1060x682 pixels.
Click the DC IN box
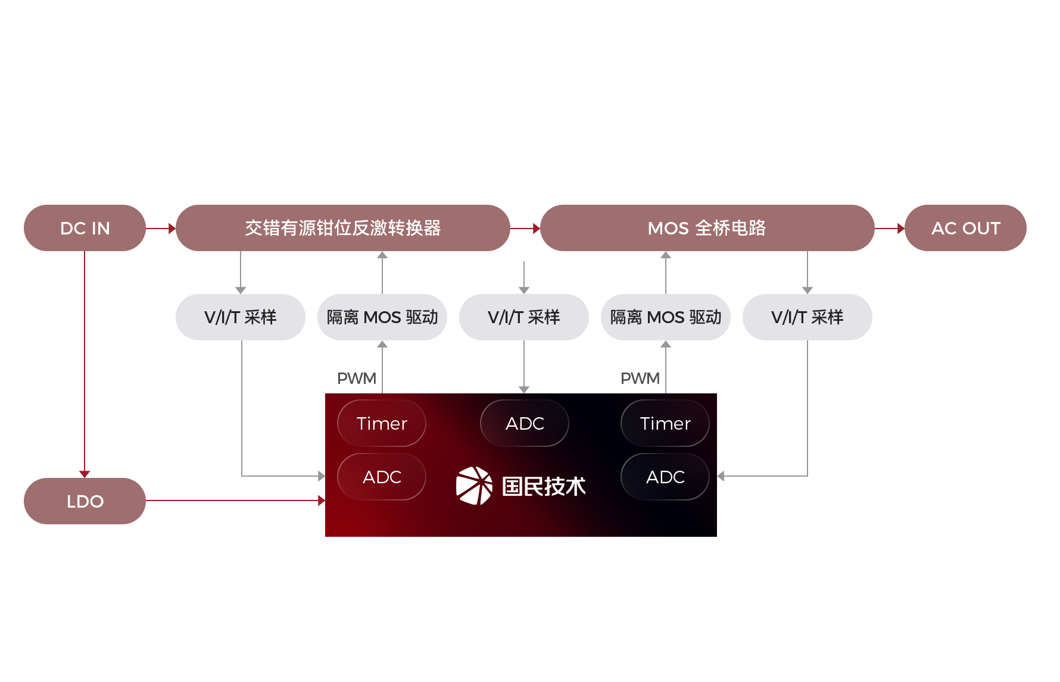pyautogui.click(x=85, y=228)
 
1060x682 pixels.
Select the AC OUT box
pyautogui.click(x=965, y=228)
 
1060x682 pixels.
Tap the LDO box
pyautogui.click(x=85, y=500)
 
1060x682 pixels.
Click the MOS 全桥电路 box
pyautogui.click(x=707, y=228)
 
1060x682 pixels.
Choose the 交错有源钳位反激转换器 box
pyautogui.click(x=342, y=228)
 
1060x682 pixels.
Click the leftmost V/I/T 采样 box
pyautogui.click(x=240, y=317)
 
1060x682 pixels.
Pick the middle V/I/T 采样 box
pyautogui.click(x=523, y=317)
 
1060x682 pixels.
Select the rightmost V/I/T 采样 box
pyautogui.click(x=807, y=317)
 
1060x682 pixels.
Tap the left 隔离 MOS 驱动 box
pyautogui.click(x=382, y=317)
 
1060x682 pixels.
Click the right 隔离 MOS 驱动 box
pyautogui.click(x=665, y=317)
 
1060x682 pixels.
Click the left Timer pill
pyautogui.click(x=382, y=423)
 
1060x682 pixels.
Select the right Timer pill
pyautogui.click(x=665, y=423)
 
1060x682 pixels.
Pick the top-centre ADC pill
pyautogui.click(x=525, y=423)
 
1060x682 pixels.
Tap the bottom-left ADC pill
pyautogui.click(x=382, y=477)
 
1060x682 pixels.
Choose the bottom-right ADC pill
pyautogui.click(x=665, y=477)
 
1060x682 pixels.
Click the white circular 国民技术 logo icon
pyautogui.click(x=474, y=486)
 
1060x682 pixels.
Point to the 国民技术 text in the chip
pyautogui.click(x=544, y=486)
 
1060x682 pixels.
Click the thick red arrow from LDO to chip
pyautogui.click(x=232, y=500)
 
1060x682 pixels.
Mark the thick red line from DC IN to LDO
pyautogui.click(x=84, y=363)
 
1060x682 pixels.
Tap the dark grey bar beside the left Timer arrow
pyautogui.click(x=357, y=378)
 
